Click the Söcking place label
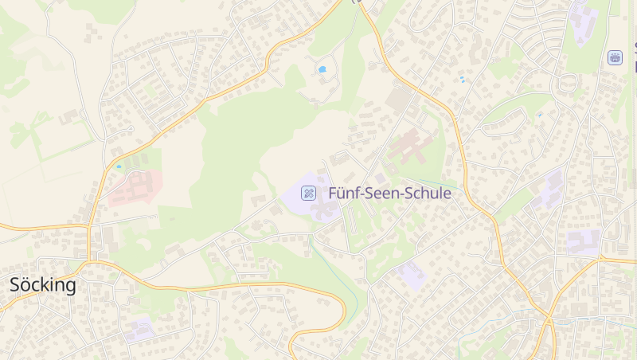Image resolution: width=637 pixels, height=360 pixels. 43,285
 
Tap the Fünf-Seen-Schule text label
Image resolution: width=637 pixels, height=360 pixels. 389,194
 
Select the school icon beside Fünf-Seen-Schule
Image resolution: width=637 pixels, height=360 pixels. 307,193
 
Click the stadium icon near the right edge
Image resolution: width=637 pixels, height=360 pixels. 615,57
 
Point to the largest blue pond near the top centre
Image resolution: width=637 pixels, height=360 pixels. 322,69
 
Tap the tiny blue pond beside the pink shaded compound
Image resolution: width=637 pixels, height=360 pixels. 119,166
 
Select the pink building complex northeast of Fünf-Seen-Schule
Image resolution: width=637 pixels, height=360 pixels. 409,147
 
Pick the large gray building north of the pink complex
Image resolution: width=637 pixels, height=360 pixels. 399,99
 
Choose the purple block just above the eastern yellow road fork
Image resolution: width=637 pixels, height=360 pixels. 584,241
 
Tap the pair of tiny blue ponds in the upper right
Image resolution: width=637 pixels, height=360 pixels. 462,79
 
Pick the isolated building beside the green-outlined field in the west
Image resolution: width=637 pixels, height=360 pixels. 68,117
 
